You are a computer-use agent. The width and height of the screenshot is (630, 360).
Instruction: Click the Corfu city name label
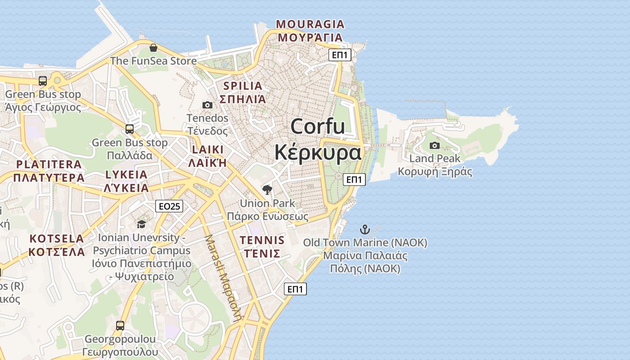[x=318, y=139]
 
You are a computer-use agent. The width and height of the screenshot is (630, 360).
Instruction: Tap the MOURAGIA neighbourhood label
[x=310, y=31]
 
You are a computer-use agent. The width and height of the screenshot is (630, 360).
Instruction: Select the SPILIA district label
[x=243, y=92]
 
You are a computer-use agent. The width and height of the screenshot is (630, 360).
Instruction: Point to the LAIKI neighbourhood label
[x=207, y=156]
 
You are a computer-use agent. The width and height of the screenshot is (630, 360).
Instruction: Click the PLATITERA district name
[x=49, y=171]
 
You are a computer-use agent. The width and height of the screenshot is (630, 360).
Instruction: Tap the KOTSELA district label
[x=57, y=245]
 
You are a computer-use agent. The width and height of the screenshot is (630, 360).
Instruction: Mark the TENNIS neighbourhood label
[x=262, y=246]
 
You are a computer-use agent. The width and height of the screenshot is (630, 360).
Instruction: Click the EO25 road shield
[x=169, y=206]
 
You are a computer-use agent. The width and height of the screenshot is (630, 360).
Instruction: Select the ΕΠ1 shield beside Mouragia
[x=340, y=55]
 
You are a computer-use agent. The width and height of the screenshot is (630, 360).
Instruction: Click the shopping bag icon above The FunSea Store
[x=153, y=48]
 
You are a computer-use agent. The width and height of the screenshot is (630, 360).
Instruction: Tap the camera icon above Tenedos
[x=207, y=105]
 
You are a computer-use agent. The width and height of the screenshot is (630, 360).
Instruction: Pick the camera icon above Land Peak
[x=435, y=145]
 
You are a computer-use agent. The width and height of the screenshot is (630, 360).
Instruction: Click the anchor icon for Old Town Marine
[x=365, y=229]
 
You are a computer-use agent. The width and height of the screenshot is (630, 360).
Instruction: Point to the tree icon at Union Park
[x=267, y=190]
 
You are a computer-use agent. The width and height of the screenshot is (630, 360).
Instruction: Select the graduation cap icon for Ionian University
[x=142, y=224]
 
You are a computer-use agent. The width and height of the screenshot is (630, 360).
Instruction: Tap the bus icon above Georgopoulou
[x=120, y=325]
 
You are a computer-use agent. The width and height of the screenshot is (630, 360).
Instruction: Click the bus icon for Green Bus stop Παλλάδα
[x=130, y=129]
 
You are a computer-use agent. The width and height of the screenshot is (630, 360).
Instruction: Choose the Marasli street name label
[x=224, y=277]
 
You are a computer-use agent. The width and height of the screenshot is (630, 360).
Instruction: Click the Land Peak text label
[x=435, y=158]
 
